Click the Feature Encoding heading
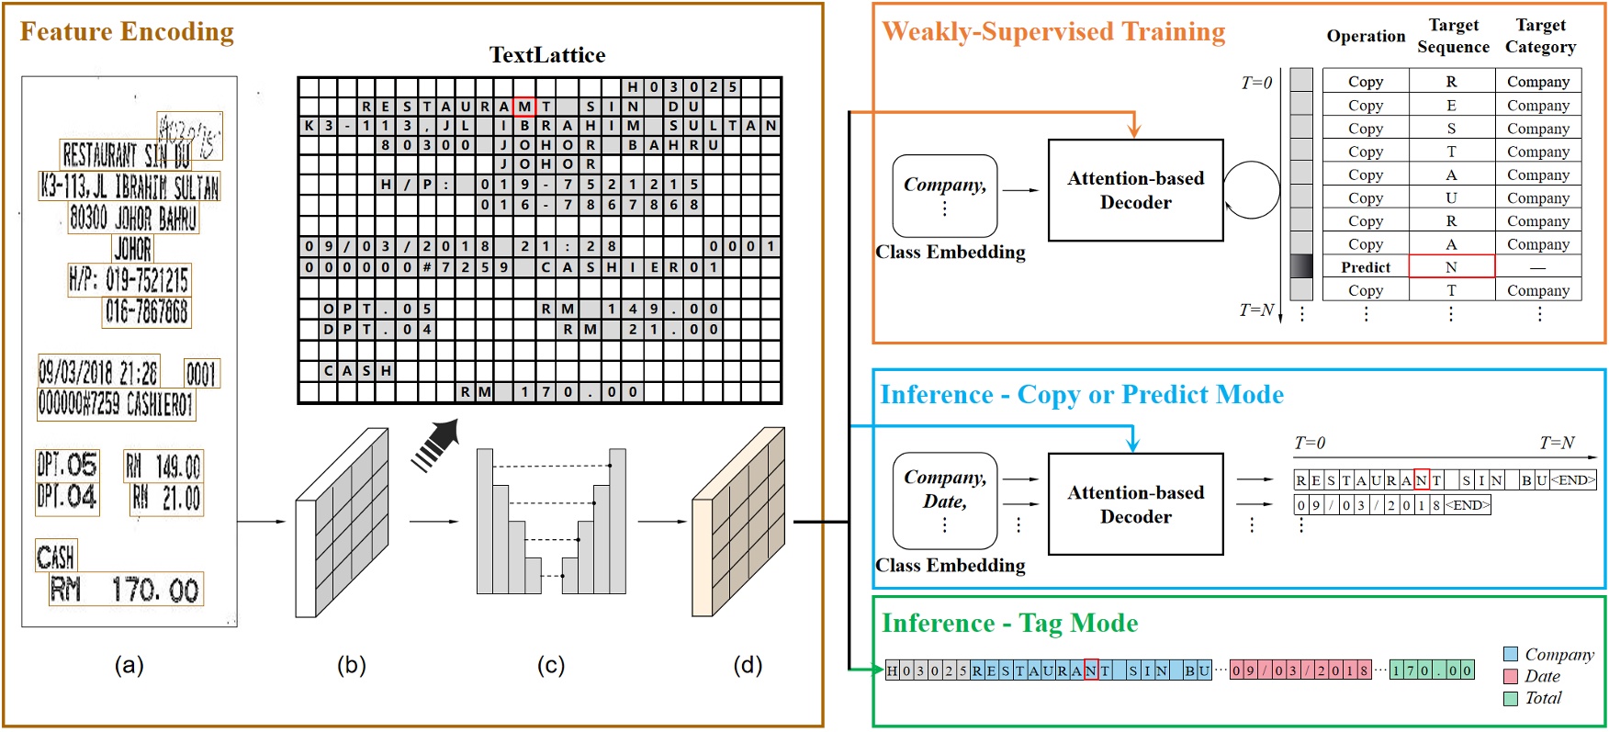pyautogui.click(x=127, y=32)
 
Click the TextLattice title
pyautogui.click(x=546, y=55)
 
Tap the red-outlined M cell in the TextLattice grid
pyautogui.click(x=524, y=107)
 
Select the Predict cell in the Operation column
pyautogui.click(x=1366, y=267)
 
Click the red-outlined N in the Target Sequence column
pyautogui.click(x=1451, y=267)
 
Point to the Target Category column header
pyautogui.click(x=1540, y=37)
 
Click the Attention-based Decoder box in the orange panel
pyautogui.click(x=1135, y=190)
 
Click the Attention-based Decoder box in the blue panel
pyautogui.click(x=1135, y=504)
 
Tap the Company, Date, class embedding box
pyautogui.click(x=945, y=501)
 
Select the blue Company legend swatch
pyautogui.click(x=1511, y=654)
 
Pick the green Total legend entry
pyautogui.click(x=1543, y=698)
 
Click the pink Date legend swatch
pyautogui.click(x=1511, y=676)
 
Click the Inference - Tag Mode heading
pyautogui.click(x=1009, y=624)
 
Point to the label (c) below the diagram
pyautogui.click(x=550, y=665)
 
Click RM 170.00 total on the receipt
pyautogui.click(x=126, y=589)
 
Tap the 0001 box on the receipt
pyautogui.click(x=201, y=373)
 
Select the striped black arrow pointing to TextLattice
pyautogui.click(x=435, y=446)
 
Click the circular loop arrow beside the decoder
pyautogui.click(x=1251, y=190)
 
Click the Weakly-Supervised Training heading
pyautogui.click(x=1053, y=32)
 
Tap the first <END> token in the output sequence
pyautogui.click(x=1573, y=479)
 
